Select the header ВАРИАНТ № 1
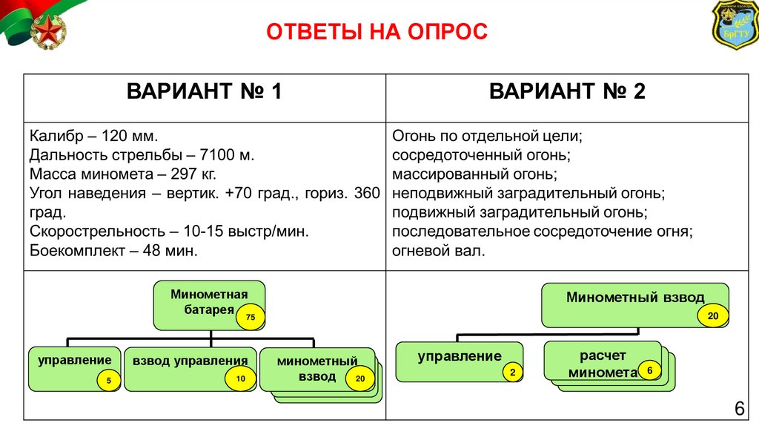(205, 92)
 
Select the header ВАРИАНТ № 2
(568, 92)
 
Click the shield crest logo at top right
(735, 24)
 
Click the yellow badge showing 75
(251, 318)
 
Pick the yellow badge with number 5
(108, 381)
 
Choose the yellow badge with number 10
(240, 379)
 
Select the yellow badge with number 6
(649, 370)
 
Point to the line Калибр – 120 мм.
(94, 137)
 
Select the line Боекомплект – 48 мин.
(113, 251)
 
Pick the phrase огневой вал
(439, 251)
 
